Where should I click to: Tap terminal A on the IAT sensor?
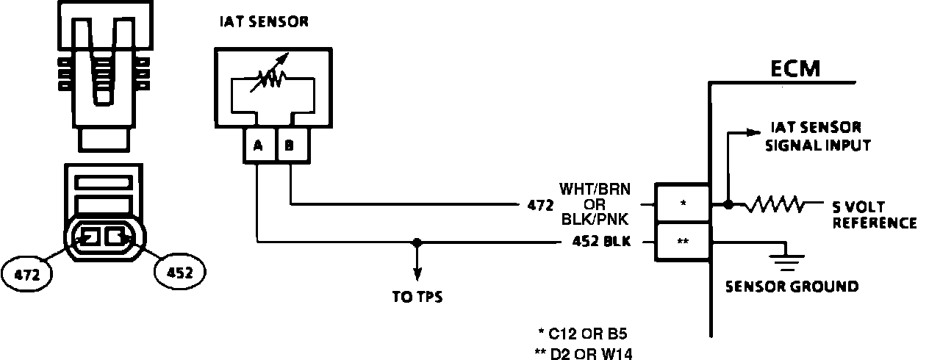pos(257,145)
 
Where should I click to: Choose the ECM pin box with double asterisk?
pos(683,241)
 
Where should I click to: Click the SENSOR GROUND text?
pos(792,286)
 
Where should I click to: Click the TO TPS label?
pos(417,298)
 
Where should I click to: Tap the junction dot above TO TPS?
pos(417,241)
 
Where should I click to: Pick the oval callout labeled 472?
pos(27,274)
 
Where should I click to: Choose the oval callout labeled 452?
pos(180,273)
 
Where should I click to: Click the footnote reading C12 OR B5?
pos(584,331)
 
